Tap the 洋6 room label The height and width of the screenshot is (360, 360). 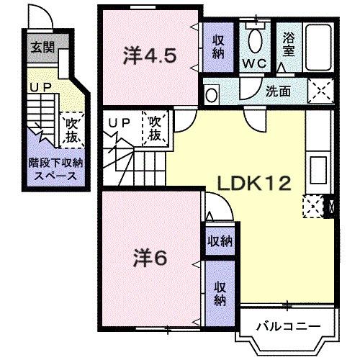150,257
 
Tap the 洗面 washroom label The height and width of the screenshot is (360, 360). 279,91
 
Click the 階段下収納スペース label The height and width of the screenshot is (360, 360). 55,169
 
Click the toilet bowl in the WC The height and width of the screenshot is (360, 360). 254,37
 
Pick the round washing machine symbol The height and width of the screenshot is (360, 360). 211,94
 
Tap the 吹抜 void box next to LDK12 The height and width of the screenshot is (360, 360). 156,128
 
